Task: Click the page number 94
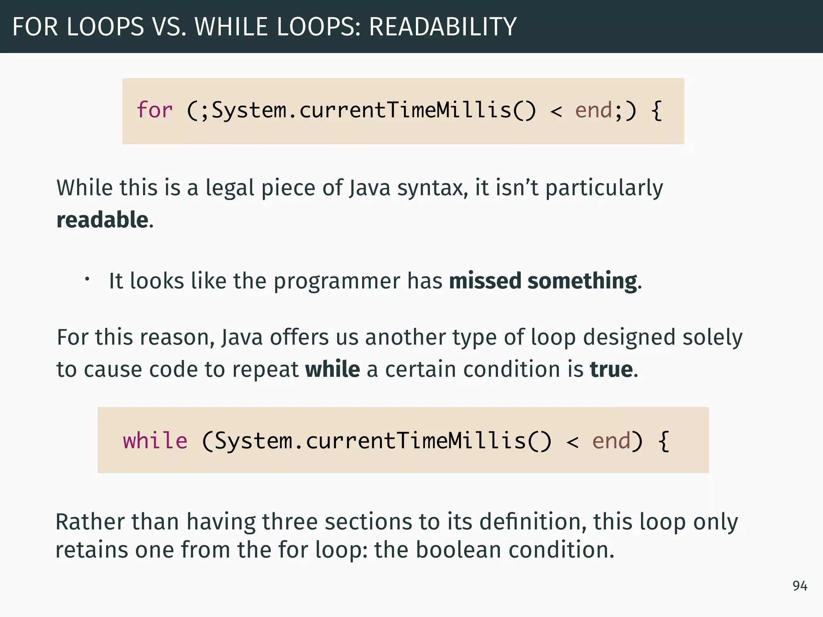pyautogui.click(x=800, y=586)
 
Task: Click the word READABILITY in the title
pyautogui.click(x=442, y=27)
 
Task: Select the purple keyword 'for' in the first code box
pyautogui.click(x=155, y=110)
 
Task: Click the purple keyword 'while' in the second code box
pyautogui.click(x=155, y=441)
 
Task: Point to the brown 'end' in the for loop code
pyautogui.click(x=593, y=110)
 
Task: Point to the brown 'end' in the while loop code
pyautogui.click(x=611, y=441)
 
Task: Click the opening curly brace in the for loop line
pyautogui.click(x=657, y=111)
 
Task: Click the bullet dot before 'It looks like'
pyautogui.click(x=87, y=278)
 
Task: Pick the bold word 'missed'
pyautogui.click(x=485, y=280)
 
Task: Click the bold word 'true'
pyautogui.click(x=611, y=369)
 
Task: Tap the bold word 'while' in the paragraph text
pyautogui.click(x=332, y=369)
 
